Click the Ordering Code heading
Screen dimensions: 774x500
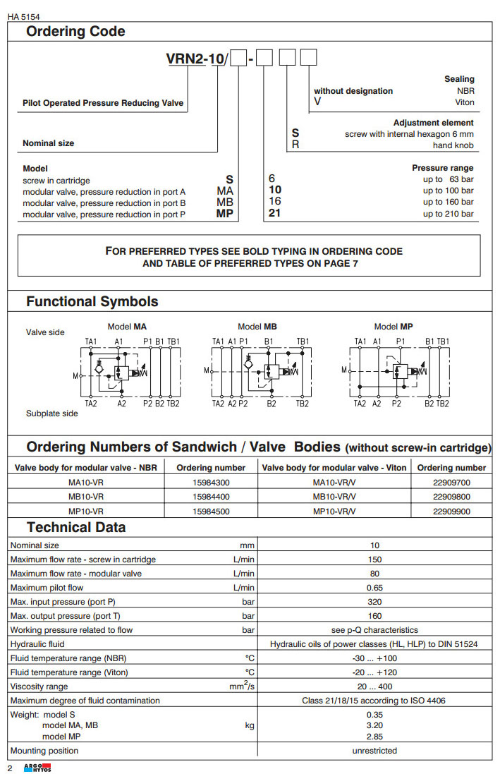coord(75,32)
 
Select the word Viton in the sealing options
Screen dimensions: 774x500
coord(464,102)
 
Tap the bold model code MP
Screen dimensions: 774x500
coord(224,214)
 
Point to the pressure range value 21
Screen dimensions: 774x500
coord(275,214)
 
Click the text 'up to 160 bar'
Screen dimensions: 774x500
coord(448,202)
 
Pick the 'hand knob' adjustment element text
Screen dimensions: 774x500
coord(453,145)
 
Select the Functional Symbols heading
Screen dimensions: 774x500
coord(92,302)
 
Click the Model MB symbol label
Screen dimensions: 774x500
coord(257,327)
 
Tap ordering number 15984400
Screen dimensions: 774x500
coord(210,497)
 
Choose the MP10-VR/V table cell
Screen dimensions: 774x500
coord(334,512)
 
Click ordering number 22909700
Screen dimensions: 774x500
coord(451,483)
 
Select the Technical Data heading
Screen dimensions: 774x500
coord(76,528)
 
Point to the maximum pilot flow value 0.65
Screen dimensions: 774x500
coord(374,588)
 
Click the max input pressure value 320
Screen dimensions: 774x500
coord(374,602)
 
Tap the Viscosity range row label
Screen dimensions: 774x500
coord(39,687)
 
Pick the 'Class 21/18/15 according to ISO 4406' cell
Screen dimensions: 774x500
coord(374,701)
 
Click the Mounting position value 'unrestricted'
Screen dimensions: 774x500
coord(374,751)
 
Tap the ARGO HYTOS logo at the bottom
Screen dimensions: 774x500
coord(36,768)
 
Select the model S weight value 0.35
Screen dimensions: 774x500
coord(374,715)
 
